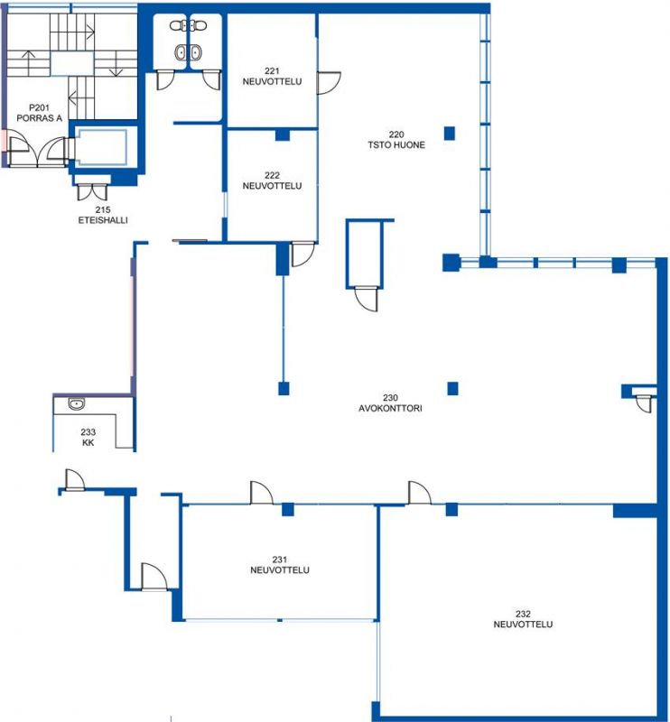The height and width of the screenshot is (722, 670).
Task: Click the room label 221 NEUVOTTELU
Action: click(272, 77)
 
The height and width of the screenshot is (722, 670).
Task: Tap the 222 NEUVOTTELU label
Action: click(272, 180)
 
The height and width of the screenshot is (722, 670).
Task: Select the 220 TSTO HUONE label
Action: click(396, 140)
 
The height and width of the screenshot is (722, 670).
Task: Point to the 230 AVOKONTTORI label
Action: click(390, 403)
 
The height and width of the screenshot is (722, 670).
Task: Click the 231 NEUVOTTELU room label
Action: click(280, 565)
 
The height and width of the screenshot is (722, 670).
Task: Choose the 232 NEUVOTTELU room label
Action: click(523, 619)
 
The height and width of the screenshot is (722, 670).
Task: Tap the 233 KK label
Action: click(88, 437)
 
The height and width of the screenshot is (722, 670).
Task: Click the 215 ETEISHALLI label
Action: click(103, 215)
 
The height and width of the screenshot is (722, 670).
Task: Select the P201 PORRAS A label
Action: click(39, 113)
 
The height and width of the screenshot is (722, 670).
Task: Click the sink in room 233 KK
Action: click(77, 403)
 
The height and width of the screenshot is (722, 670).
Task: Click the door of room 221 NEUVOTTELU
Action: click(329, 83)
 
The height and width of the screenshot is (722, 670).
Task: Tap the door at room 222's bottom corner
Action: click(302, 255)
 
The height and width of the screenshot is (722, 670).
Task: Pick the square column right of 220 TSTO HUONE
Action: click(450, 133)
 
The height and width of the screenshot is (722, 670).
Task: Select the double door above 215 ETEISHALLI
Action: click(92, 192)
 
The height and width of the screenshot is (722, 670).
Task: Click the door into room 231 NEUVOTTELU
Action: click(261, 493)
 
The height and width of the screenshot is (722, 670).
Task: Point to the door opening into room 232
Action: click(419, 493)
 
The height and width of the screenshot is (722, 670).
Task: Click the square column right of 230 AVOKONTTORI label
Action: click(452, 389)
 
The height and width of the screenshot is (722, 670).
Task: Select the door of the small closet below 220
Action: click(366, 299)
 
